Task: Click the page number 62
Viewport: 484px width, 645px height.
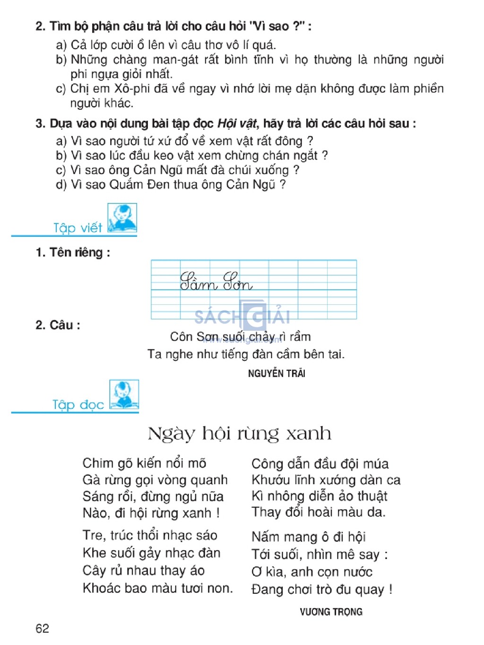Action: point(42,628)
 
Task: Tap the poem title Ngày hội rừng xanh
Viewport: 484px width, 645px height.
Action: point(239,433)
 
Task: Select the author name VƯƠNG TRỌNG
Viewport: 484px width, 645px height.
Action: point(331,612)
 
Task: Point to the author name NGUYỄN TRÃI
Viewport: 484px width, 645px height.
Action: point(277,373)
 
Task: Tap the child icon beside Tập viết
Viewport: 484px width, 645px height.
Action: point(122,218)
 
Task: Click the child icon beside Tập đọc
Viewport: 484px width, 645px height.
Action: point(124,394)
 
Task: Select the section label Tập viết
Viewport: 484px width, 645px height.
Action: point(78,228)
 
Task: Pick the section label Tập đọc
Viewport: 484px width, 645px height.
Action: point(78,405)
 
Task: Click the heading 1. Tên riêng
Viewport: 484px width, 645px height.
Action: point(73,253)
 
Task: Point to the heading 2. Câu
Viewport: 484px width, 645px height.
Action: point(58,325)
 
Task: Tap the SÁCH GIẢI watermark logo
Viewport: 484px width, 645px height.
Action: point(242,316)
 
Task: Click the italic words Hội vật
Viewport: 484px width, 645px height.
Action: point(237,124)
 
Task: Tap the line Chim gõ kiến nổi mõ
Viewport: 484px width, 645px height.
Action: point(144,463)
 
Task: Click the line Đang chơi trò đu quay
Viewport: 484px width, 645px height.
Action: point(321,590)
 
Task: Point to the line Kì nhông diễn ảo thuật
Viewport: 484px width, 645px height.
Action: point(319,496)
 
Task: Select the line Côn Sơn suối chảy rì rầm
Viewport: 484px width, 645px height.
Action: point(240,337)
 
